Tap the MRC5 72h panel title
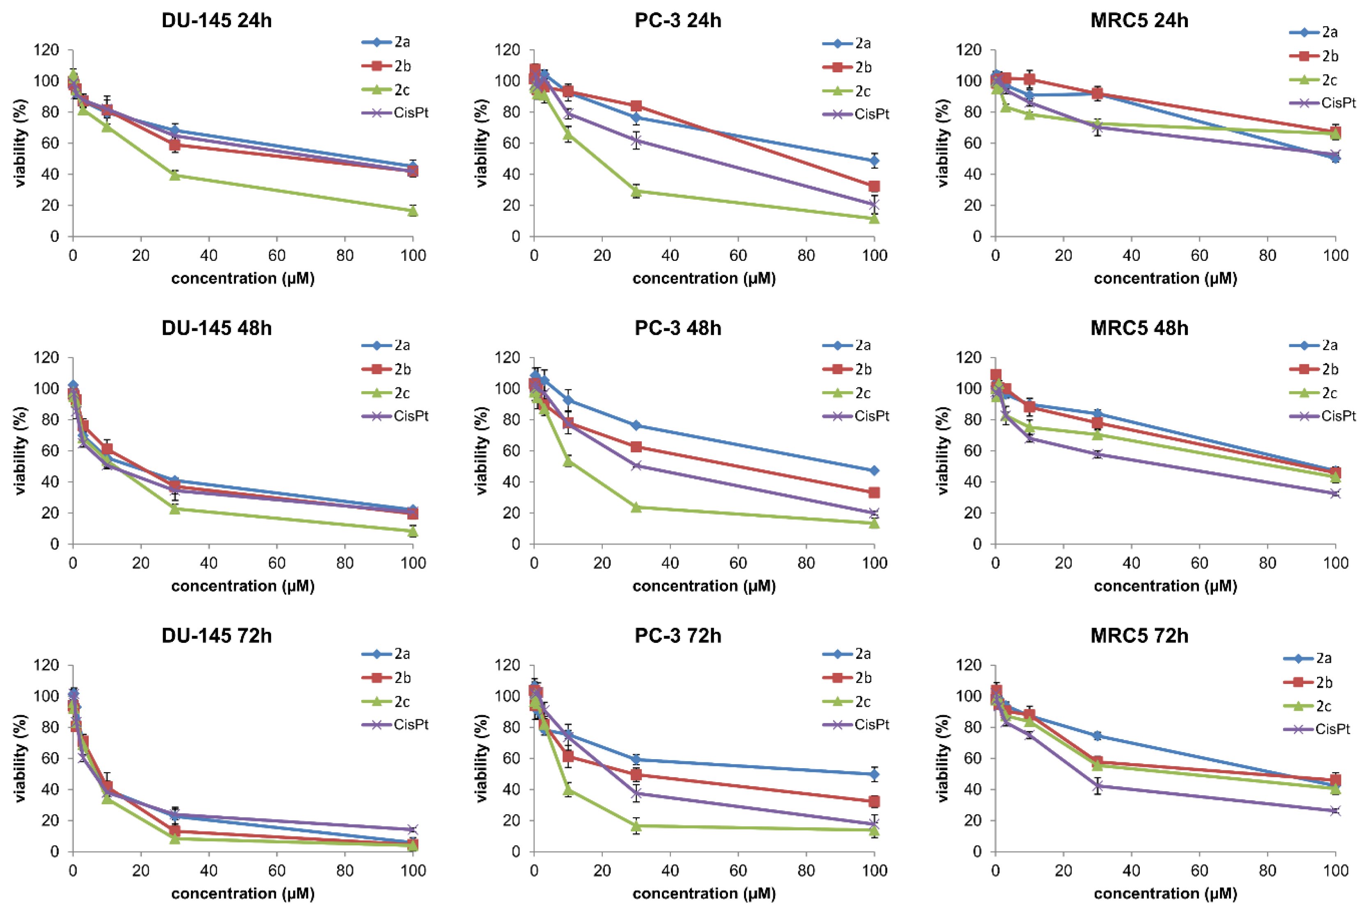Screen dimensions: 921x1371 click(1139, 635)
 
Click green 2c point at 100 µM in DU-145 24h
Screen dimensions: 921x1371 click(413, 210)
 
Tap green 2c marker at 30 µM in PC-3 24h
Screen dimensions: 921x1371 click(636, 191)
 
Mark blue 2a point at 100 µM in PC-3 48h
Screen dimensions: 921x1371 click(874, 470)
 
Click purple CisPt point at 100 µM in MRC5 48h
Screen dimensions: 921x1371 click(1336, 493)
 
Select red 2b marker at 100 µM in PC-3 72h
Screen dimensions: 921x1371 click(874, 801)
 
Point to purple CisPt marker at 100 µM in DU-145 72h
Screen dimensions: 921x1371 click(413, 829)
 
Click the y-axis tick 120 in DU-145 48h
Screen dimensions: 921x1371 click(46, 357)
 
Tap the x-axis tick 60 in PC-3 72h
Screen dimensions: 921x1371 click(738, 870)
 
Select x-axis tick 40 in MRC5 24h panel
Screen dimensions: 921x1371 click(1132, 256)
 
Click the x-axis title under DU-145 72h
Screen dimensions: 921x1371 click(243, 893)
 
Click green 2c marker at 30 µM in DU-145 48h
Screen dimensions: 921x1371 click(175, 508)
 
